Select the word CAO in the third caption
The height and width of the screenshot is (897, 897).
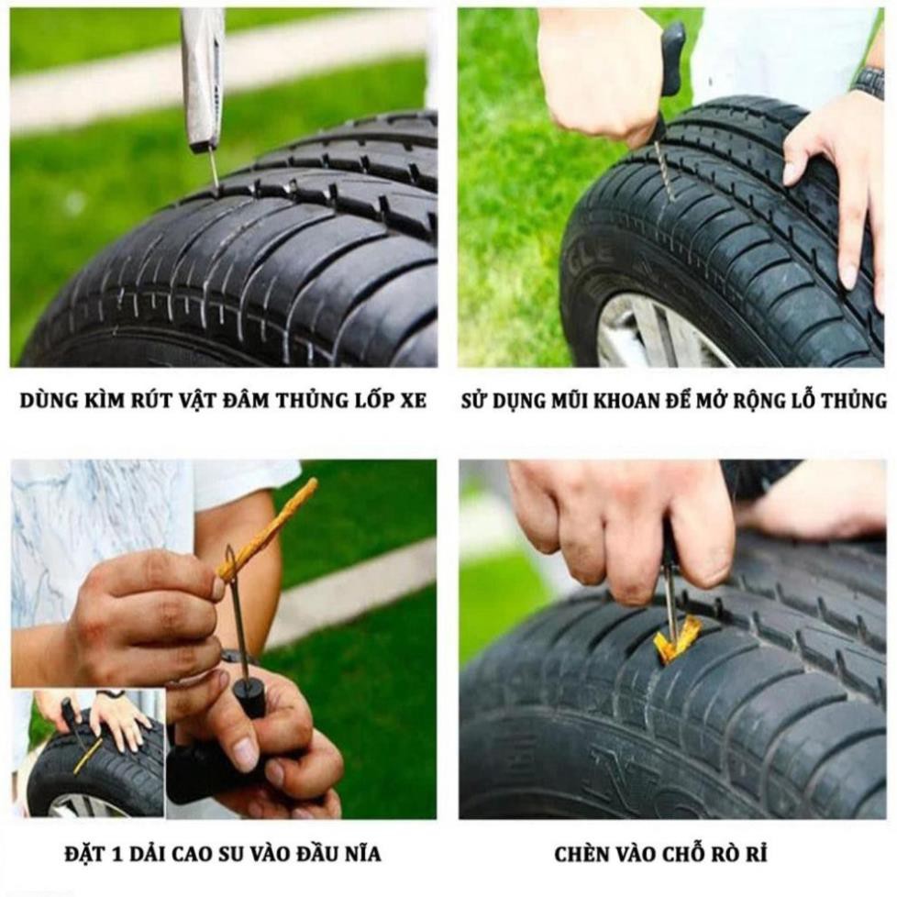pos(175,855)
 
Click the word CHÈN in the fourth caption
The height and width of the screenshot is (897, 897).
pos(581,855)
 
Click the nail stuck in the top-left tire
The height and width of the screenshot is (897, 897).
pos(214,169)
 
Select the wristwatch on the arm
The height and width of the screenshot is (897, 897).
pos(867,82)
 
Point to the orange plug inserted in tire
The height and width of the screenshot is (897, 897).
pos(677,638)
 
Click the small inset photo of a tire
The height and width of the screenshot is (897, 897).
pos(88,753)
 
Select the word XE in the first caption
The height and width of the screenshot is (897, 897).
pos(414,401)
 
